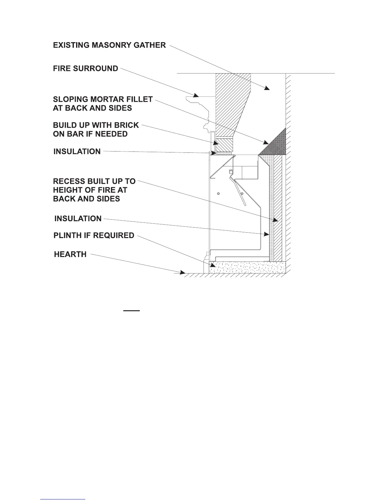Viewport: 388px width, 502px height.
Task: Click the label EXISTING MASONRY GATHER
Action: coord(109,45)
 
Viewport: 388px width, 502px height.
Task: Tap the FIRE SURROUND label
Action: coord(86,69)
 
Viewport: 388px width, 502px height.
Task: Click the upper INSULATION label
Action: coord(77,152)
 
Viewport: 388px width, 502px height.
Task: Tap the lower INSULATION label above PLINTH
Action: coord(78,219)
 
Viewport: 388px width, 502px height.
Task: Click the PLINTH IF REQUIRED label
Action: coord(94,236)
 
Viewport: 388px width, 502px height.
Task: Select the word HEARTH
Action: coord(70,254)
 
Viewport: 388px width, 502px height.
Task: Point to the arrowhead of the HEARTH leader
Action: coord(183,272)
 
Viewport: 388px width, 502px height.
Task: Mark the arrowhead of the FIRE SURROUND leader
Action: coord(197,95)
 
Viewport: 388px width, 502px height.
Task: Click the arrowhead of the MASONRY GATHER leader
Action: coord(267,87)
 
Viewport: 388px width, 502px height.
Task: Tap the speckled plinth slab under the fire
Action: coord(247,267)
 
